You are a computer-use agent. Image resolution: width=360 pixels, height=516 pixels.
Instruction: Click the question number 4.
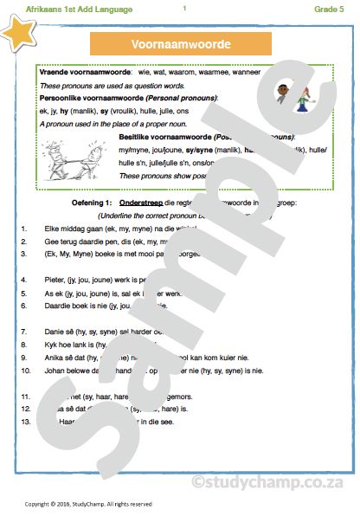pyautogui.click(x=28, y=280)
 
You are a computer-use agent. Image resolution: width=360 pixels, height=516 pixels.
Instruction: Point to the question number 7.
pyautogui.click(x=28, y=332)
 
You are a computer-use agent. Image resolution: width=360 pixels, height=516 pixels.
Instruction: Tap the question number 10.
pyautogui.click(x=27, y=368)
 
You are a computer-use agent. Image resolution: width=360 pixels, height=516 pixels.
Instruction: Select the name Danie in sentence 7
pyautogui.click(x=55, y=332)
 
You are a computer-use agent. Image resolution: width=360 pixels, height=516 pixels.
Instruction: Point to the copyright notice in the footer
pyautogui.click(x=88, y=503)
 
